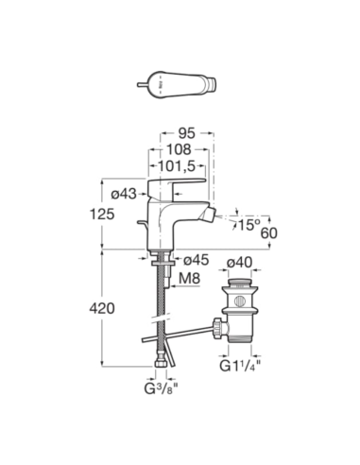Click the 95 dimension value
[x=187, y=133]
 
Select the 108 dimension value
[x=179, y=149]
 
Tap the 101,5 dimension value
[x=177, y=166]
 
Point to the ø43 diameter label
[x=124, y=194]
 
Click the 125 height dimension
[x=102, y=215]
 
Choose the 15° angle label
[x=249, y=225]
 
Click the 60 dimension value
[x=269, y=233]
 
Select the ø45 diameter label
[x=197, y=260]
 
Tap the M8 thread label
[x=190, y=279]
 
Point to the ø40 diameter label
[x=240, y=262]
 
